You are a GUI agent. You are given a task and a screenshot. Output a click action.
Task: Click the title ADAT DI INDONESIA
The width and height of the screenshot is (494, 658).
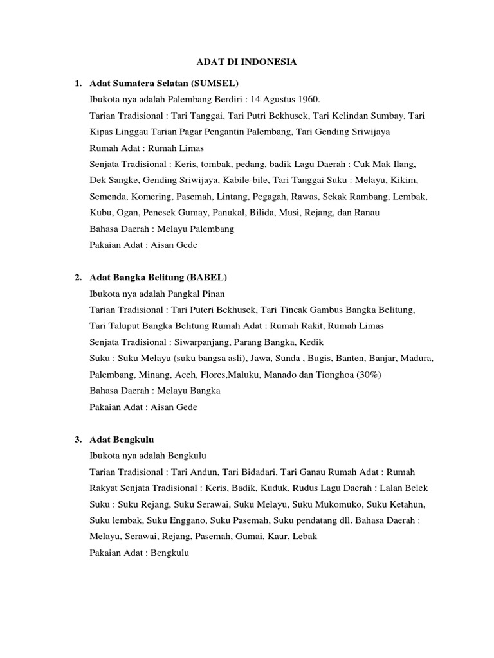246,62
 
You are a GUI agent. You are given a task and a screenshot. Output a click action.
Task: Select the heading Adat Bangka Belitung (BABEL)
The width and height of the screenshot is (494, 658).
159,277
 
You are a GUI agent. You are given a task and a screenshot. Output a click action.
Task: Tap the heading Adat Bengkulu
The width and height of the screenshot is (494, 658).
122,440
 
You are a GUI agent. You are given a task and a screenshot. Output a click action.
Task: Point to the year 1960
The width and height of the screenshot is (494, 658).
306,100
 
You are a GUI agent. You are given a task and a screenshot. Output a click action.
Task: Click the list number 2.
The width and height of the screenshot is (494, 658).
77,277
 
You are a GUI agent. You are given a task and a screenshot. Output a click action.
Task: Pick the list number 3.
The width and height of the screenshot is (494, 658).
77,440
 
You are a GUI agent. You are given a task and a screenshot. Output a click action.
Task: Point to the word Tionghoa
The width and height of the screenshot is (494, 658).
329,374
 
